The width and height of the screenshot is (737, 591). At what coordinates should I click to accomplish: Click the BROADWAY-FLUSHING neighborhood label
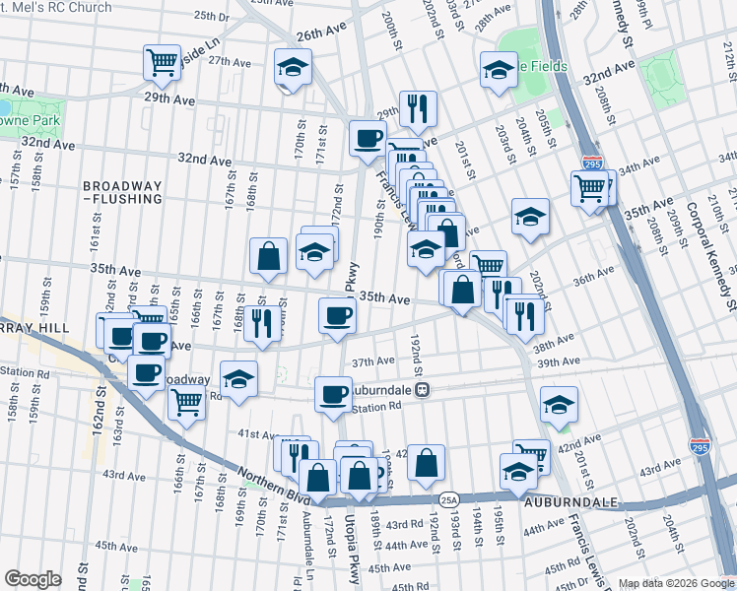(x=122, y=192)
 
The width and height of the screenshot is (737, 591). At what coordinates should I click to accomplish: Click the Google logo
(x=33, y=579)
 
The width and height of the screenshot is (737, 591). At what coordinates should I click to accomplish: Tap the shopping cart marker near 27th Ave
(x=162, y=63)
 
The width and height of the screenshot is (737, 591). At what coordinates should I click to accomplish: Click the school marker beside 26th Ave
(x=292, y=67)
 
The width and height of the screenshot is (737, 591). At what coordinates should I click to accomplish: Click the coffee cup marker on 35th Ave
(x=337, y=316)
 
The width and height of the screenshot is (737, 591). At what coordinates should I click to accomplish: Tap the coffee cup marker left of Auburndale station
(x=333, y=394)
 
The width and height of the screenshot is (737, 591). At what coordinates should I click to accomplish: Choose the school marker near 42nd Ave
(x=559, y=405)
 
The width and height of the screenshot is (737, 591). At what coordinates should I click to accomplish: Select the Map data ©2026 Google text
(x=675, y=583)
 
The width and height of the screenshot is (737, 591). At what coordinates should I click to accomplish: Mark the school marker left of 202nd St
(x=530, y=217)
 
